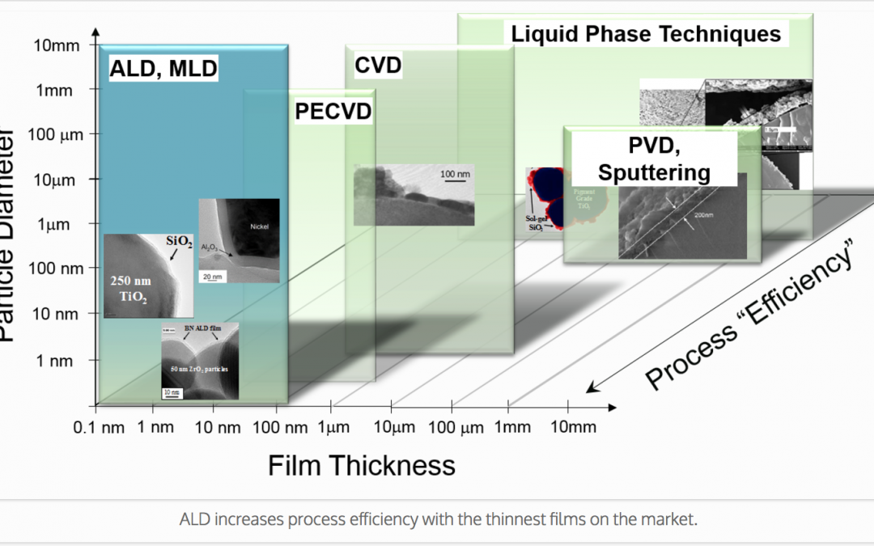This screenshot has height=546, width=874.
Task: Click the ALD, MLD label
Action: tap(163, 69)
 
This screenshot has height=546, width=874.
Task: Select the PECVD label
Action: tap(333, 112)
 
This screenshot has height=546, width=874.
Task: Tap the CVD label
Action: tap(378, 65)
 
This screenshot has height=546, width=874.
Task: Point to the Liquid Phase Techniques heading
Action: tap(645, 34)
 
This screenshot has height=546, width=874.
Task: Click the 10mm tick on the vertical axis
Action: tap(57, 45)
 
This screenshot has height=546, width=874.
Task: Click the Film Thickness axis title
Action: tap(361, 465)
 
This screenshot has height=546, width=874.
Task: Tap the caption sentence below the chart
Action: tap(437, 519)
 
